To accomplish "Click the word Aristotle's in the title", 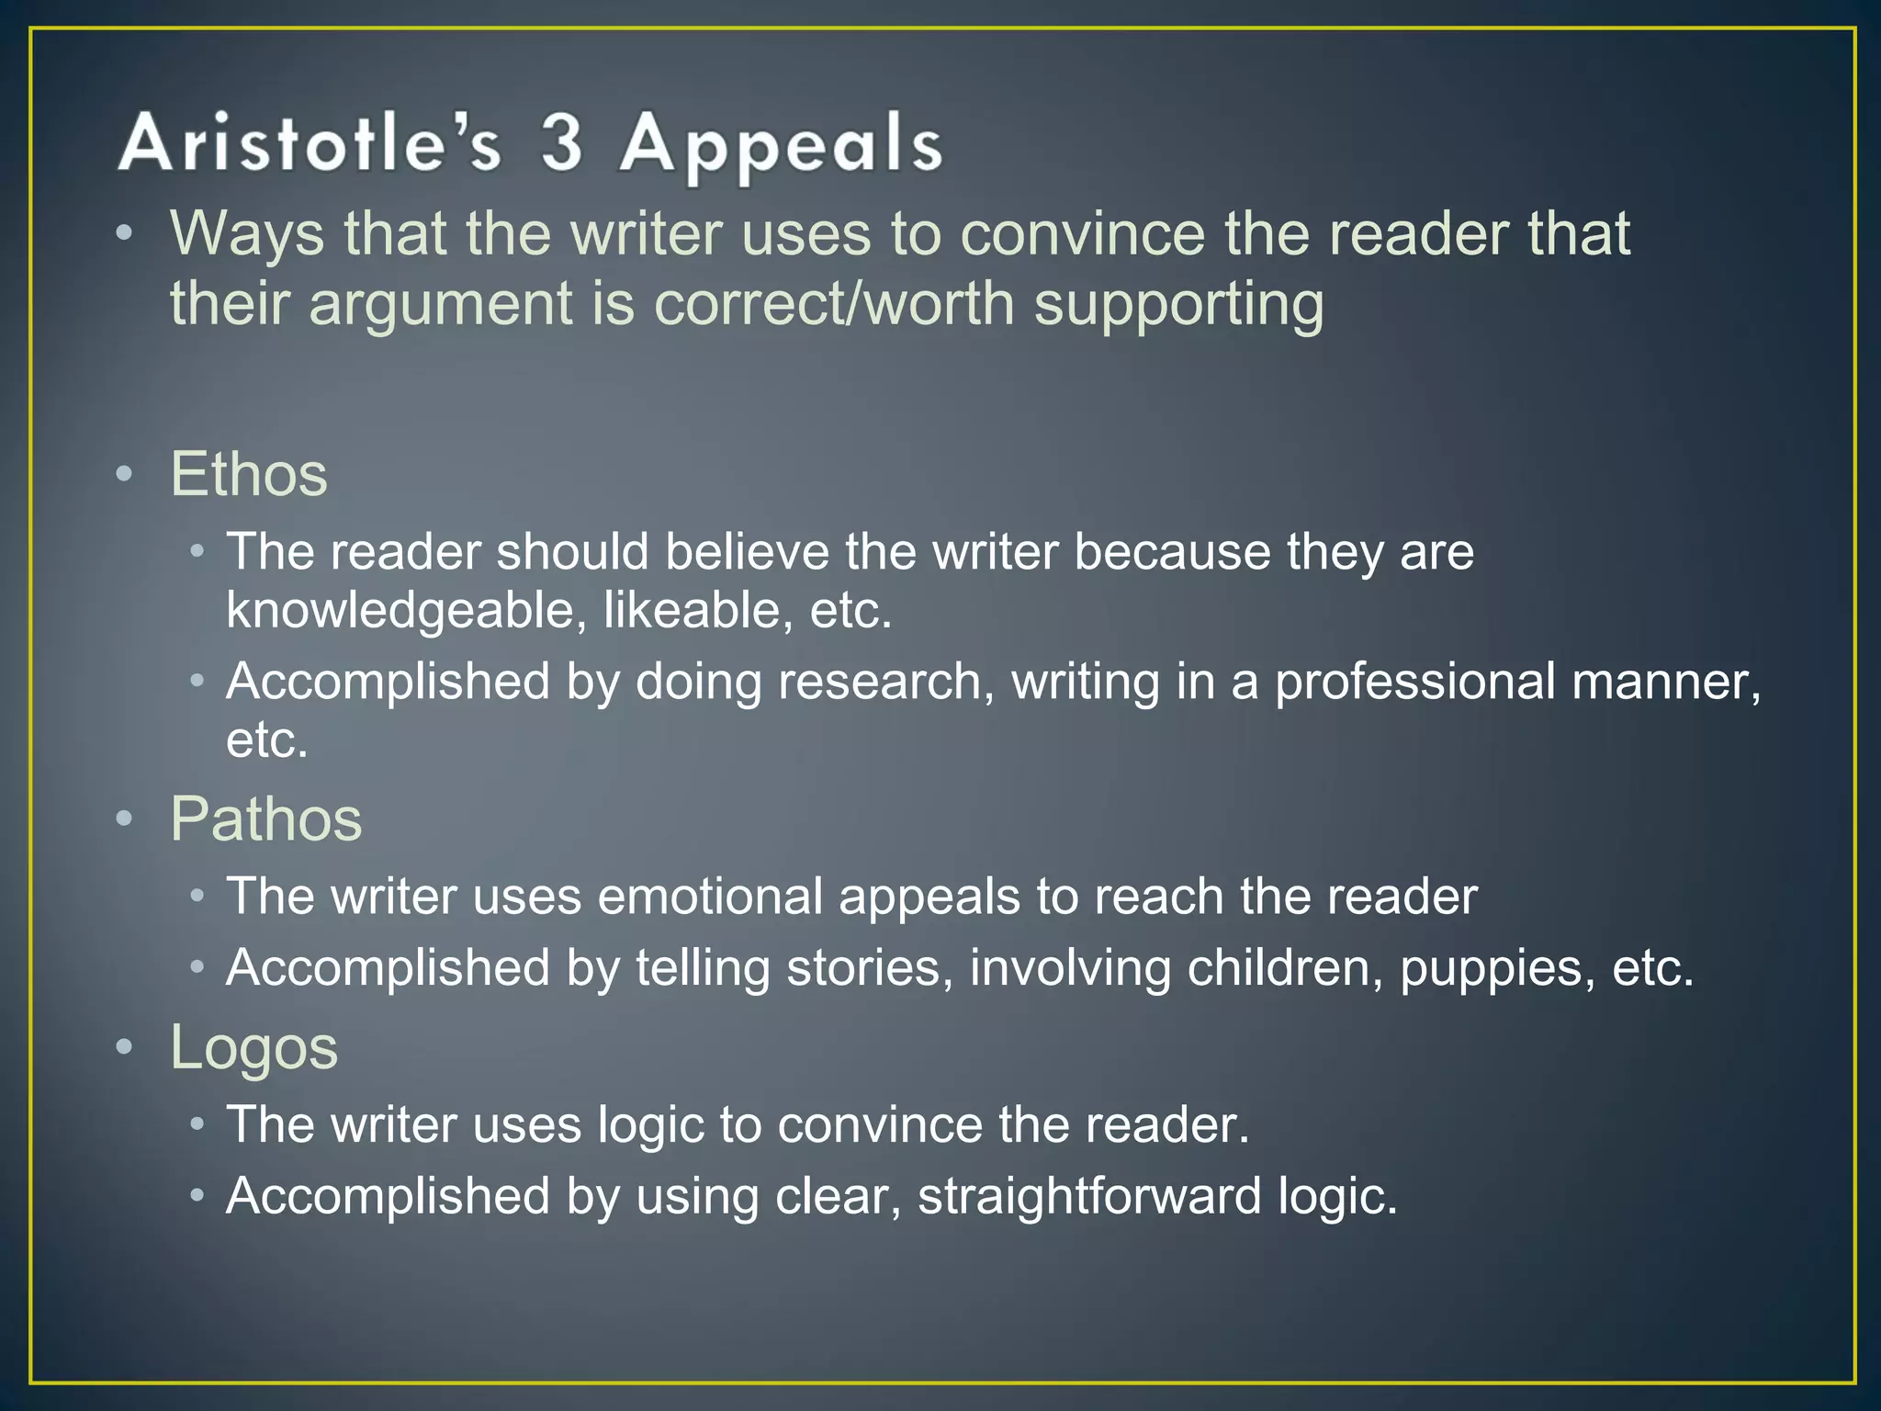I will [x=310, y=144].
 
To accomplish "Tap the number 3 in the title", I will [x=562, y=142].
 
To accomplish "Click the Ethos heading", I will [x=249, y=474].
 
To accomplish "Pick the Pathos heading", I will [x=266, y=818].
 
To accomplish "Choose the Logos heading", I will [x=254, y=1047].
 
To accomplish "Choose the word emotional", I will [x=710, y=896].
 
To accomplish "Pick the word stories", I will [x=869, y=967].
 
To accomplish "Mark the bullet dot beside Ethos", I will [x=125, y=475].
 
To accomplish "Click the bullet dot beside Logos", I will [x=125, y=1047].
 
